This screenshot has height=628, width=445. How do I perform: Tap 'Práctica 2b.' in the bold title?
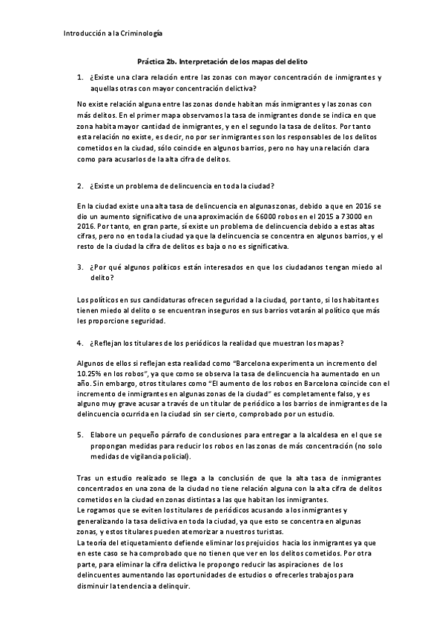[159, 62]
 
